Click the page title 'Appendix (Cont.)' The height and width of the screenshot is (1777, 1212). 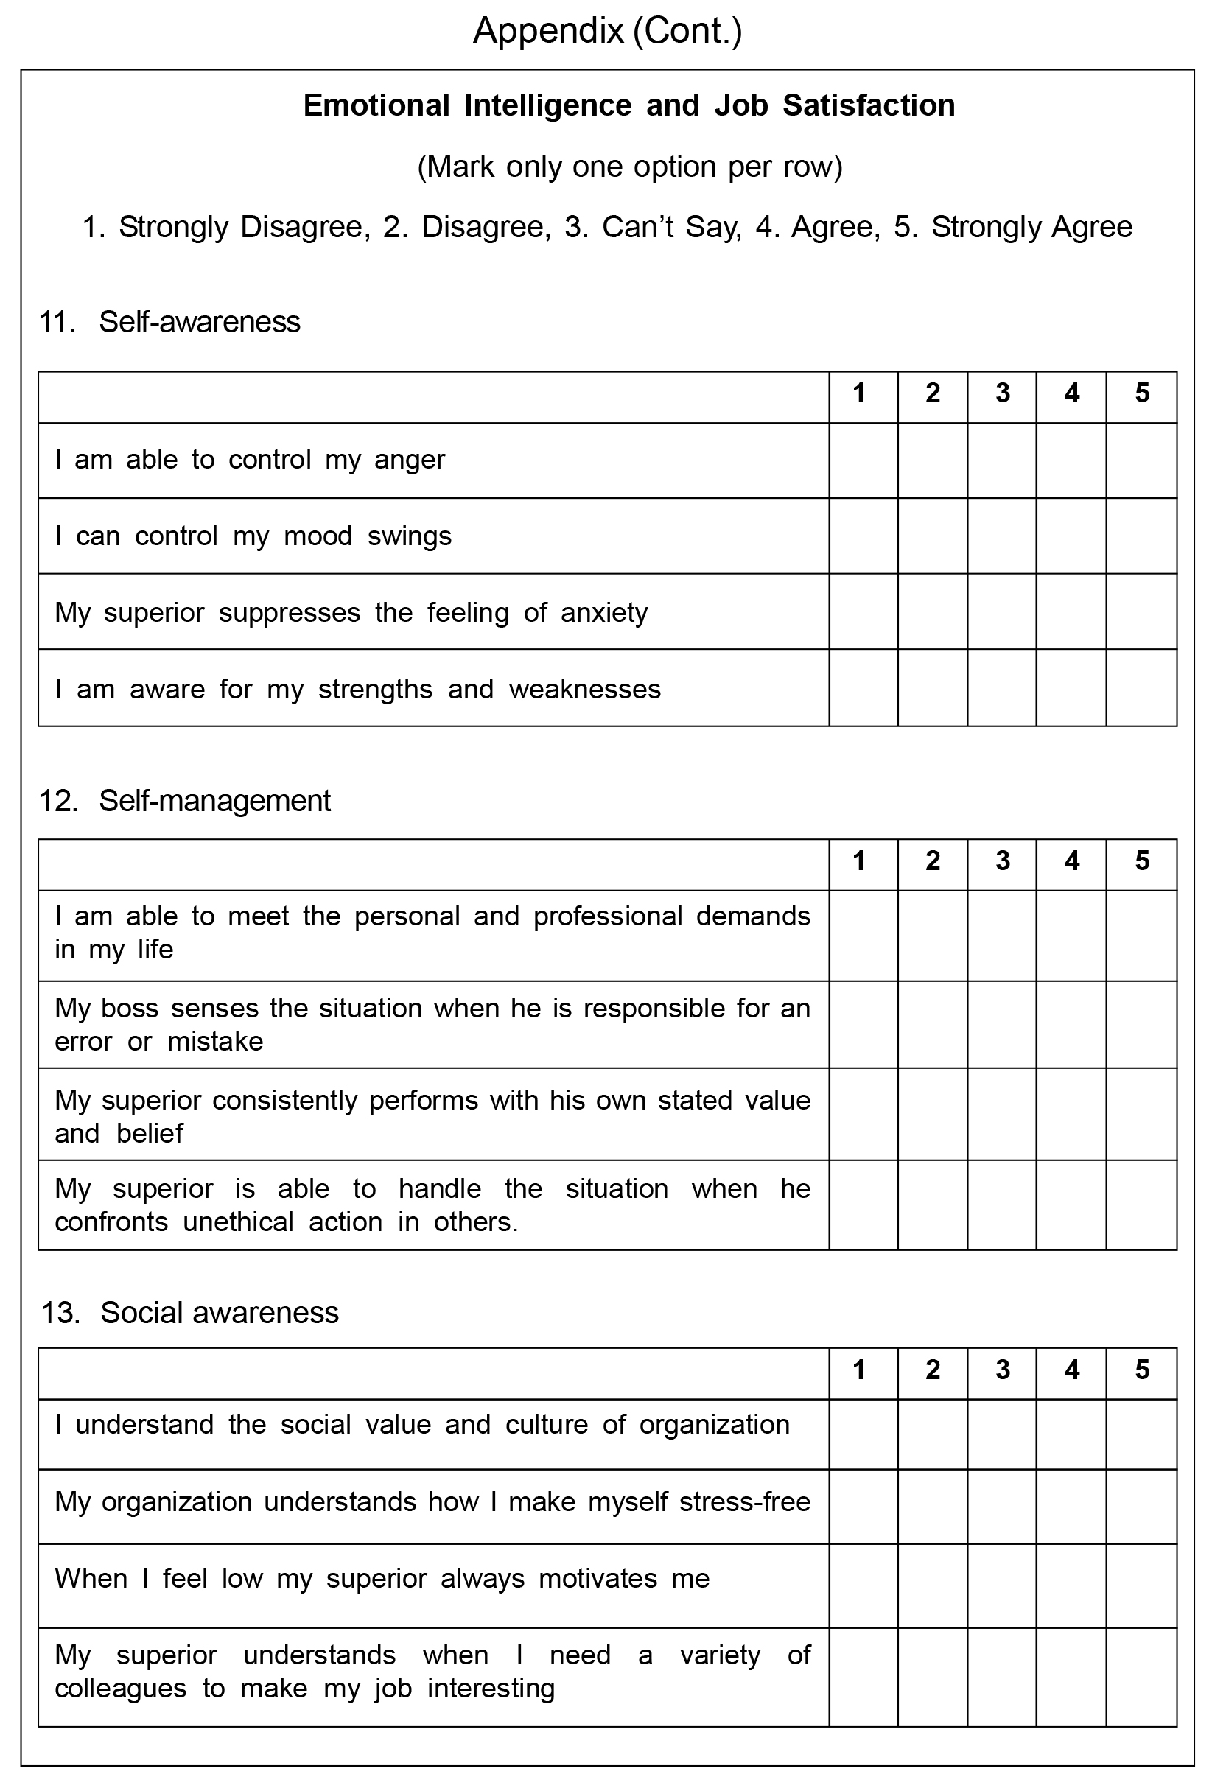tap(607, 32)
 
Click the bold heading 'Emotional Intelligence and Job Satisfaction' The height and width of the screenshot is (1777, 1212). tap(628, 105)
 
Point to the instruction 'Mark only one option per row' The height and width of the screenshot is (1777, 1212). tap(629, 166)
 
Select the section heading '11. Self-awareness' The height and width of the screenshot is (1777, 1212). tap(169, 322)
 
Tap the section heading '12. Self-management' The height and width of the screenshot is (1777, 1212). tap(184, 801)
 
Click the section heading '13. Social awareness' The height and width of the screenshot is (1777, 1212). tap(189, 1312)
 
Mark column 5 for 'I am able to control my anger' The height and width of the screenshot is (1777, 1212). tap(1141, 460)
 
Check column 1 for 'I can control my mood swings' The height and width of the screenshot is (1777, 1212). tap(864, 536)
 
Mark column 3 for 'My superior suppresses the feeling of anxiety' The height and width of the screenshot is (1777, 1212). tap(1002, 611)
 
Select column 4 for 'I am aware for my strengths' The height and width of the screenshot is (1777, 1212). tap(1071, 687)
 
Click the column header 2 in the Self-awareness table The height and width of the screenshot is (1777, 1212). tap(932, 393)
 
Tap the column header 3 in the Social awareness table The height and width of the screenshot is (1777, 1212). tap(1003, 1370)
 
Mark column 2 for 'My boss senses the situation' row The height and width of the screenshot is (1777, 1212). tap(932, 1025)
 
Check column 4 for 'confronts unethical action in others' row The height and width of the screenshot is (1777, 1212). tap(1071, 1205)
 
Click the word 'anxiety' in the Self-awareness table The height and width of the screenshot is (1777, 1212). tap(604, 613)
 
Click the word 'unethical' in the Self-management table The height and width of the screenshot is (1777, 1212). tap(238, 1222)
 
